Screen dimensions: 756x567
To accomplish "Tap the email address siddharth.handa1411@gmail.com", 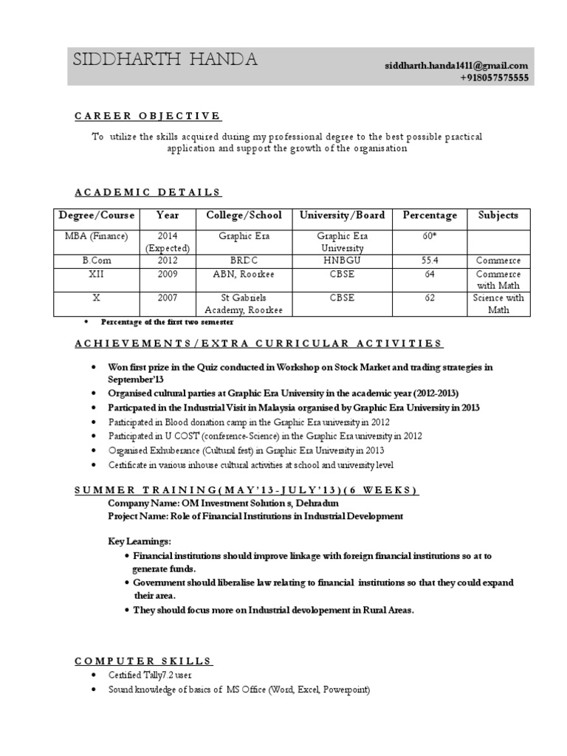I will point(456,66).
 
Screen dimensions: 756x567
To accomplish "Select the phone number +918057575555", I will point(494,78).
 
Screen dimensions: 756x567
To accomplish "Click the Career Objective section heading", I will point(148,116).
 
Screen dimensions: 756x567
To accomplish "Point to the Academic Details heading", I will point(148,193).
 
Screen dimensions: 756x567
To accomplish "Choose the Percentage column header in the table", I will point(430,216).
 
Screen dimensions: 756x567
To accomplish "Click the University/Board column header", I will point(342,216).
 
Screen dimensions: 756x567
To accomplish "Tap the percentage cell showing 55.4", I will point(430,261).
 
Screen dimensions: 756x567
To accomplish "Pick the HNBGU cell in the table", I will point(342,261).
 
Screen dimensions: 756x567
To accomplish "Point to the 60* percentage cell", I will point(430,236).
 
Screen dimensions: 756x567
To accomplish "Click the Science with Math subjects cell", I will point(498,304).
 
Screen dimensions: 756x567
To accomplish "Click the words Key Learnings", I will point(140,541).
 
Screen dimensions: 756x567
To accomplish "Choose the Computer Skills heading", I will point(143,661).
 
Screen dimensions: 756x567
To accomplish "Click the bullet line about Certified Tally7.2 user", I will point(151,676).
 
